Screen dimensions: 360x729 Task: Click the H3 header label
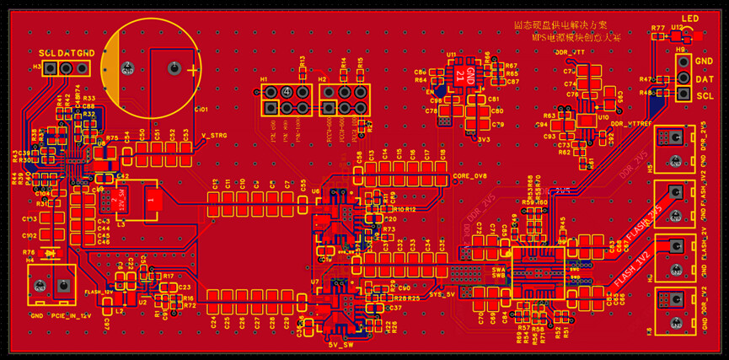click(x=37, y=66)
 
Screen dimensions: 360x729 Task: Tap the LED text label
click(x=690, y=19)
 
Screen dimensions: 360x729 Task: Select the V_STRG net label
click(x=215, y=135)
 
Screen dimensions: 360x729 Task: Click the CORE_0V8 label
click(x=470, y=176)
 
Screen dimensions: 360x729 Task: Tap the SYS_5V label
click(x=442, y=294)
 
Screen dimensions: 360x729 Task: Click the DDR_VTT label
click(x=571, y=52)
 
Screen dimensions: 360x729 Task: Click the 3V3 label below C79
click(x=484, y=138)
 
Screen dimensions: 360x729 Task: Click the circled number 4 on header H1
click(x=287, y=91)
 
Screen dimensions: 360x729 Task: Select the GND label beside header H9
click(x=705, y=62)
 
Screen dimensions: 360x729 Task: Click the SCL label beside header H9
click(x=705, y=96)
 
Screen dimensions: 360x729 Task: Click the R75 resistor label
click(x=111, y=137)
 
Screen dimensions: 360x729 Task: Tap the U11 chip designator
click(x=452, y=55)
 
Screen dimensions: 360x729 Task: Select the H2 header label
click(x=322, y=79)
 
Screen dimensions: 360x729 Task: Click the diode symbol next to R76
click(x=52, y=252)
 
